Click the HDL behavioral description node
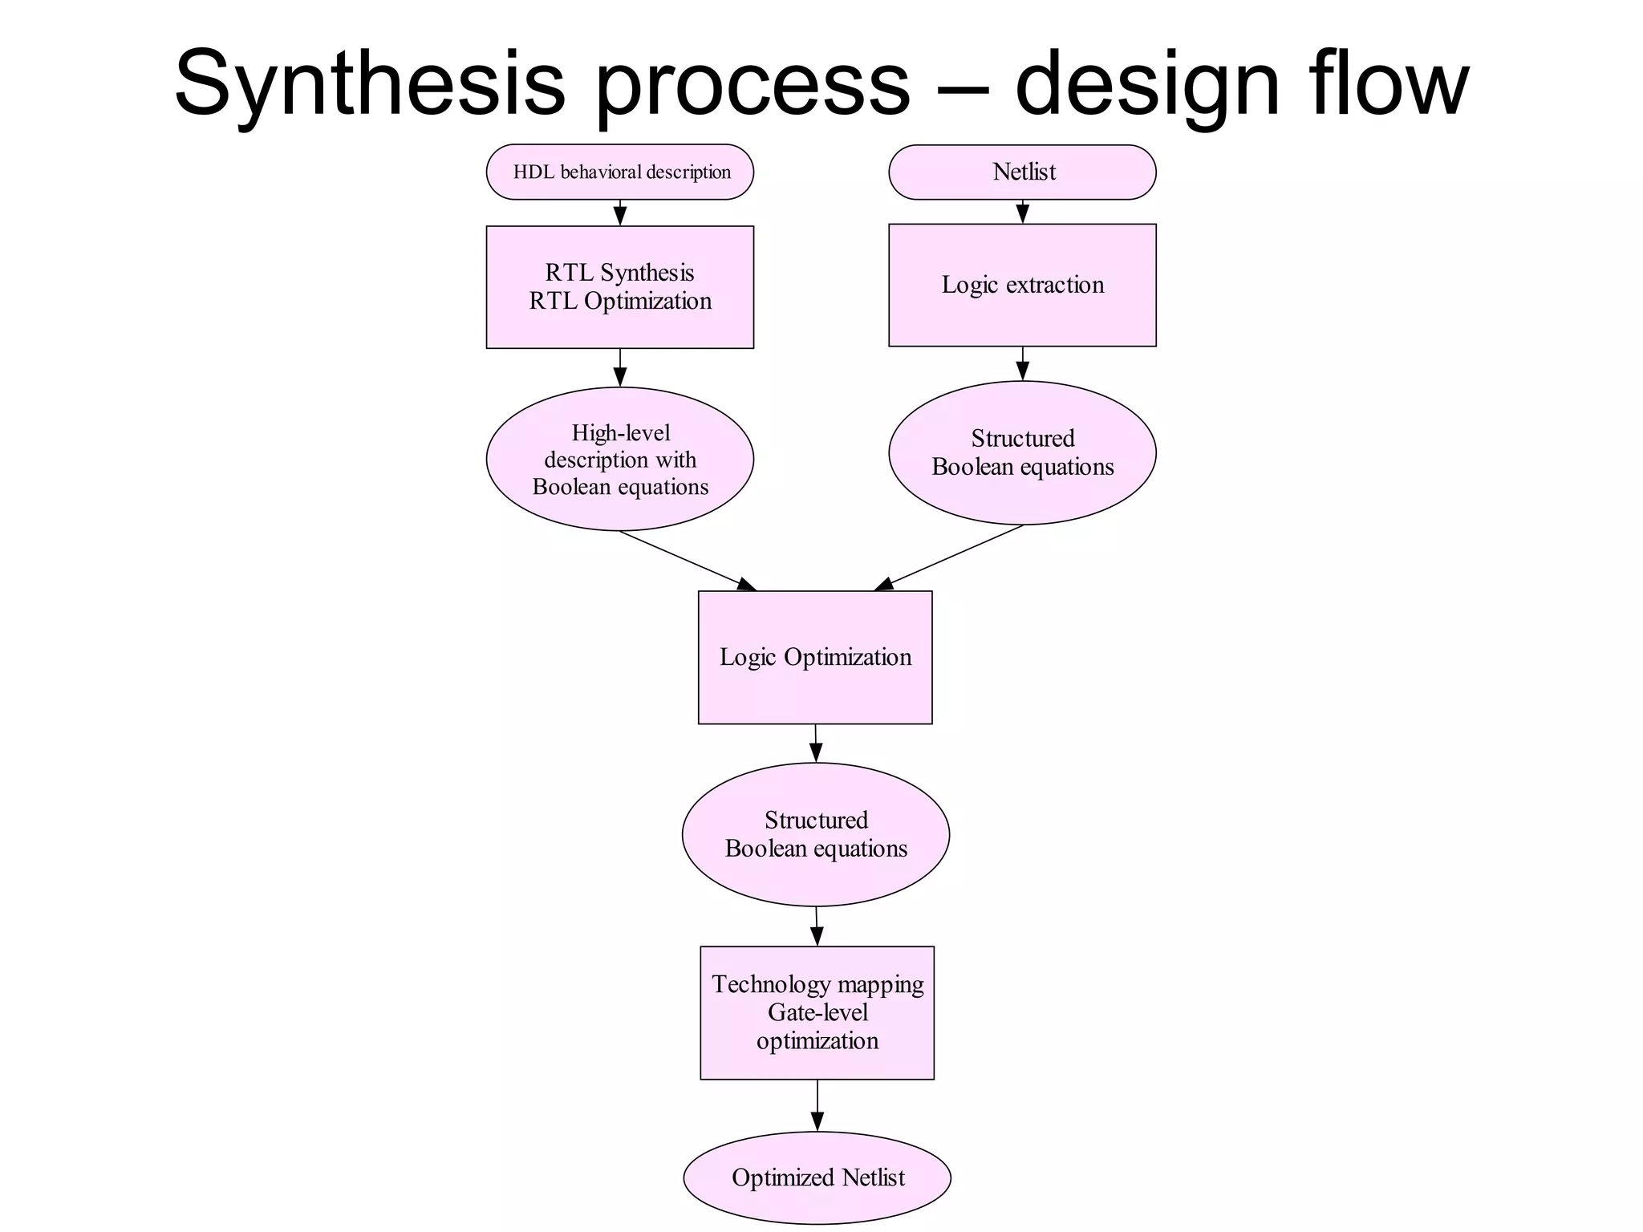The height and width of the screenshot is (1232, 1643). [619, 172]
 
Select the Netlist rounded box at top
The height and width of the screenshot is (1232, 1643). [1022, 172]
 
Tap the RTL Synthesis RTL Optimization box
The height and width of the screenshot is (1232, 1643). [619, 286]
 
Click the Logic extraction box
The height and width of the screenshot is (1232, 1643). [1022, 285]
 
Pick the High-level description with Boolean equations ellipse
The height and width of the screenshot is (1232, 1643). [619, 459]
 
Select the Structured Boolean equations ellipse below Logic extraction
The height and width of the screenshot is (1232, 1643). [1022, 452]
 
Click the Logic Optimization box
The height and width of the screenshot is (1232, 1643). [815, 657]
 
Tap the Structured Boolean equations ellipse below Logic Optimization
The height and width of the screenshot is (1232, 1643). [816, 834]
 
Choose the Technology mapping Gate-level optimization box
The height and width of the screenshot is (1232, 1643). [817, 1012]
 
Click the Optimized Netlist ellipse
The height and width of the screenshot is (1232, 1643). [817, 1177]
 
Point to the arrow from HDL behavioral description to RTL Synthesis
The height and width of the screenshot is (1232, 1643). [619, 213]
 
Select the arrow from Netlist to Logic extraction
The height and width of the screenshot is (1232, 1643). [1022, 212]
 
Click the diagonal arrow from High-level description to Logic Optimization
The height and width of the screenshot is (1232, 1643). [687, 561]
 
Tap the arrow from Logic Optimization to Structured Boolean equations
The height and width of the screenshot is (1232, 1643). [815, 744]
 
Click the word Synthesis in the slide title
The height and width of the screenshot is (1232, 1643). [370, 84]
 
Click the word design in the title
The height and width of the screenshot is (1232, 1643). [1147, 84]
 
